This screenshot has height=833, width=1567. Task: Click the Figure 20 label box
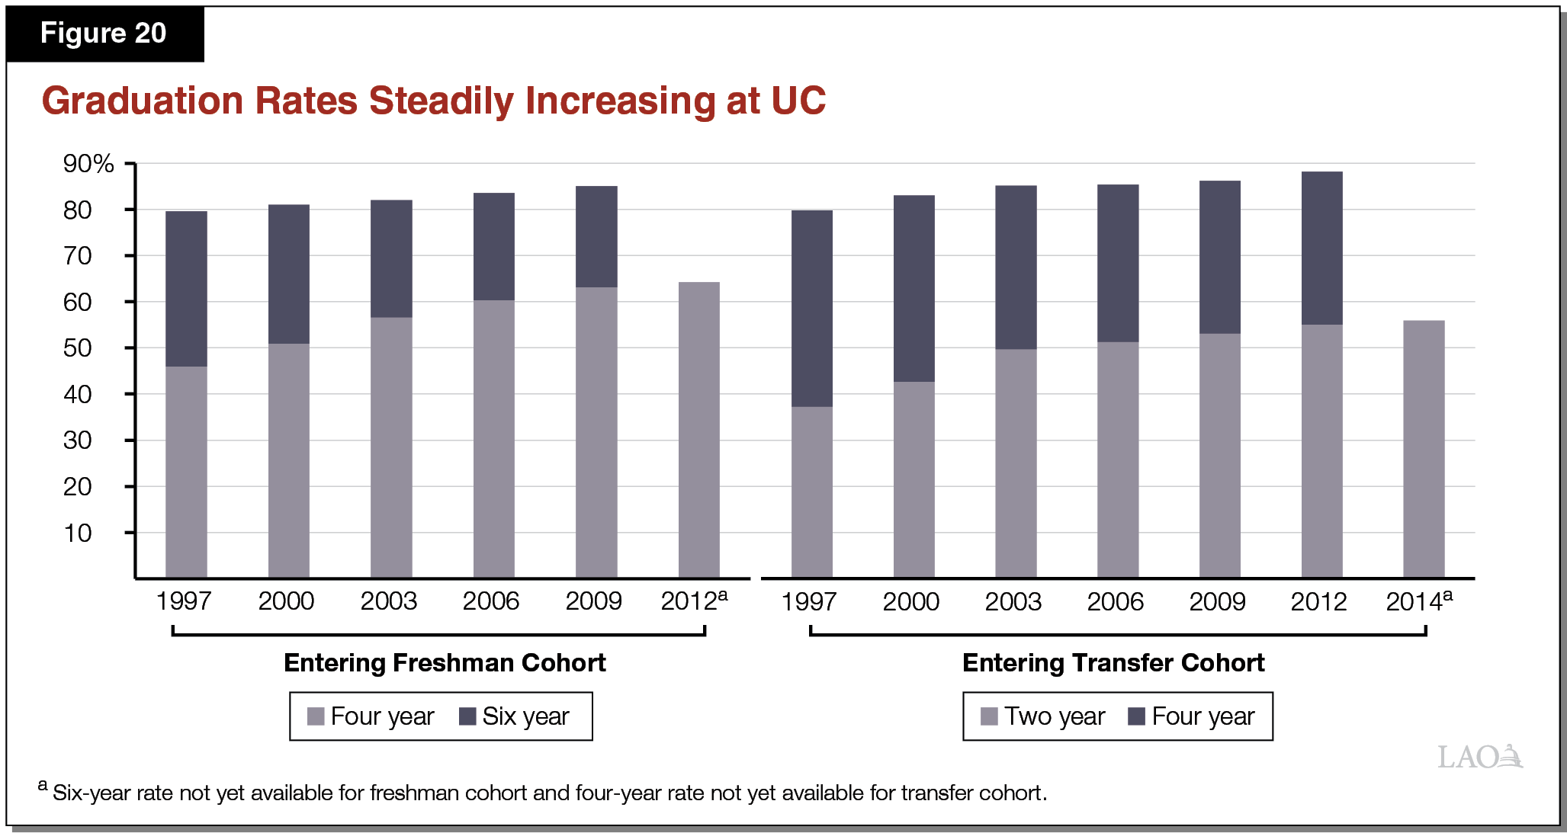(x=104, y=34)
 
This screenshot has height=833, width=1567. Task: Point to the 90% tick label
(x=88, y=164)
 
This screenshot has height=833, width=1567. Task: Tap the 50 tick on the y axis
(x=78, y=348)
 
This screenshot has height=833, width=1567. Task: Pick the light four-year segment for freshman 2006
(x=493, y=438)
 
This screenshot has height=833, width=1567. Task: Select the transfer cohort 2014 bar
(x=1424, y=449)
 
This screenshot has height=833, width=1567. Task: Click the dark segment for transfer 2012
(x=1321, y=248)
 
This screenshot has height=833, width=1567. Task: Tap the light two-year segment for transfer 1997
(x=811, y=492)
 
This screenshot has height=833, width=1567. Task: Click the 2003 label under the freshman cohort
(x=388, y=601)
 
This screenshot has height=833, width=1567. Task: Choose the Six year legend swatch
(x=467, y=716)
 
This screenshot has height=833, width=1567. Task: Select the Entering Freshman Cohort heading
(x=445, y=663)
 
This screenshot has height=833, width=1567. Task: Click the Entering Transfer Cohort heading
(x=1113, y=663)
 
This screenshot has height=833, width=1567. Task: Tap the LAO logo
(x=1479, y=757)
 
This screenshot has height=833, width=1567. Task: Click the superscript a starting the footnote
(x=43, y=786)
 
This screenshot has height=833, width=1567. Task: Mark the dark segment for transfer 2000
(x=914, y=288)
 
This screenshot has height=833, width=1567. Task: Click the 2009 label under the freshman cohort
(x=593, y=601)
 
